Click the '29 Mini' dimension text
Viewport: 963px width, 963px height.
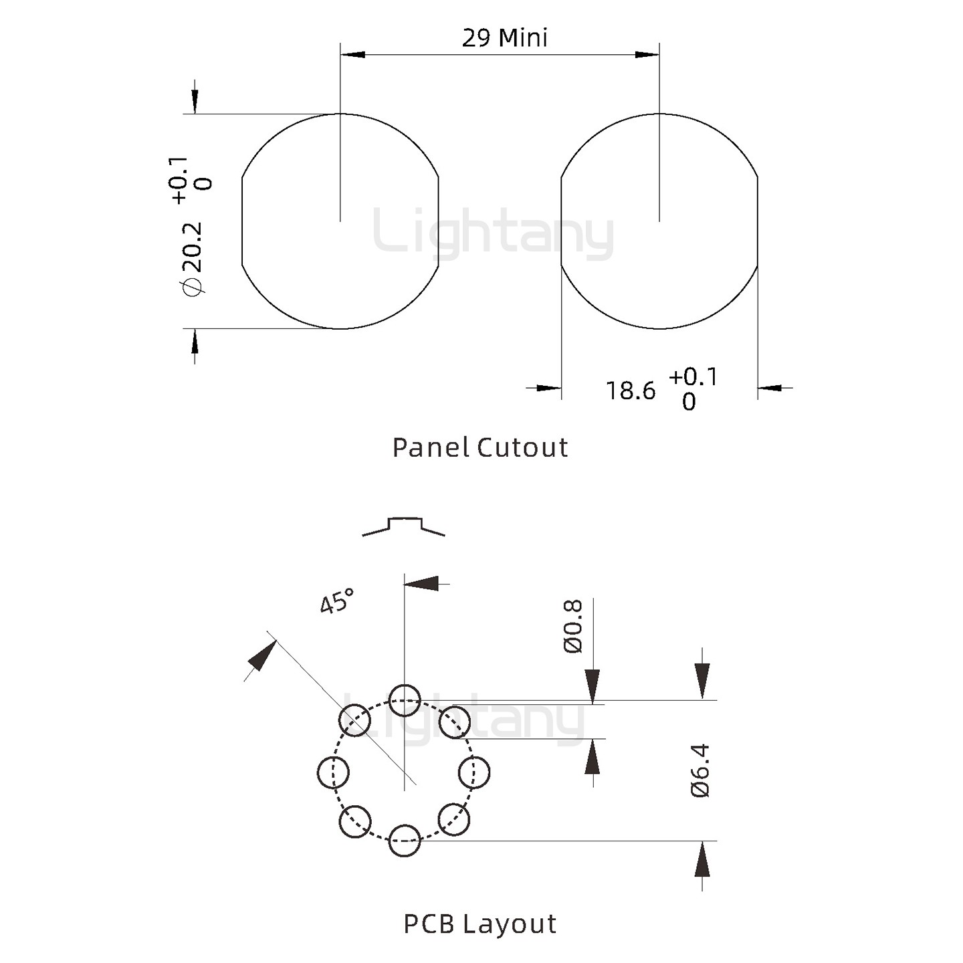point(504,37)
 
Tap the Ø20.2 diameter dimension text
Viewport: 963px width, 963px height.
point(191,257)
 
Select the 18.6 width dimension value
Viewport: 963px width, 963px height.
point(630,391)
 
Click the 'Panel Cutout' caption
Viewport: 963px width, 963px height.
point(479,447)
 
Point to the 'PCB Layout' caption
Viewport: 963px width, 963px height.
point(479,924)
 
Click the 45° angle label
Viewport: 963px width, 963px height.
point(336,601)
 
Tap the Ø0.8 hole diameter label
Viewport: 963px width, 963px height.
point(573,626)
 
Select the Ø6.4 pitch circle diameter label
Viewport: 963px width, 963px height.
point(700,770)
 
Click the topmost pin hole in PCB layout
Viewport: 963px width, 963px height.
point(405,701)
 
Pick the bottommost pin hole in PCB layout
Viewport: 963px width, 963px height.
point(405,841)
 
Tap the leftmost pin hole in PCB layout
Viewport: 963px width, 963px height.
point(333,772)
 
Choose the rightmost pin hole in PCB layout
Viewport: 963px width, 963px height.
point(474,772)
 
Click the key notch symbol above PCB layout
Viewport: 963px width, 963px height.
point(404,526)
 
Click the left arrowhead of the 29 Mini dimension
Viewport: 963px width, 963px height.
point(352,54)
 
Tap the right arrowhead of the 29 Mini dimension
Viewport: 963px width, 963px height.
point(647,54)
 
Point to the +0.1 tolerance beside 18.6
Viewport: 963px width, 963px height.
point(693,377)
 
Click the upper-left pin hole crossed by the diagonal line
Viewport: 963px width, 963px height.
point(355,721)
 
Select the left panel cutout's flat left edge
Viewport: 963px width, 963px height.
point(241,222)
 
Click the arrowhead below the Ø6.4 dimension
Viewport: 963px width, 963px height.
point(702,859)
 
